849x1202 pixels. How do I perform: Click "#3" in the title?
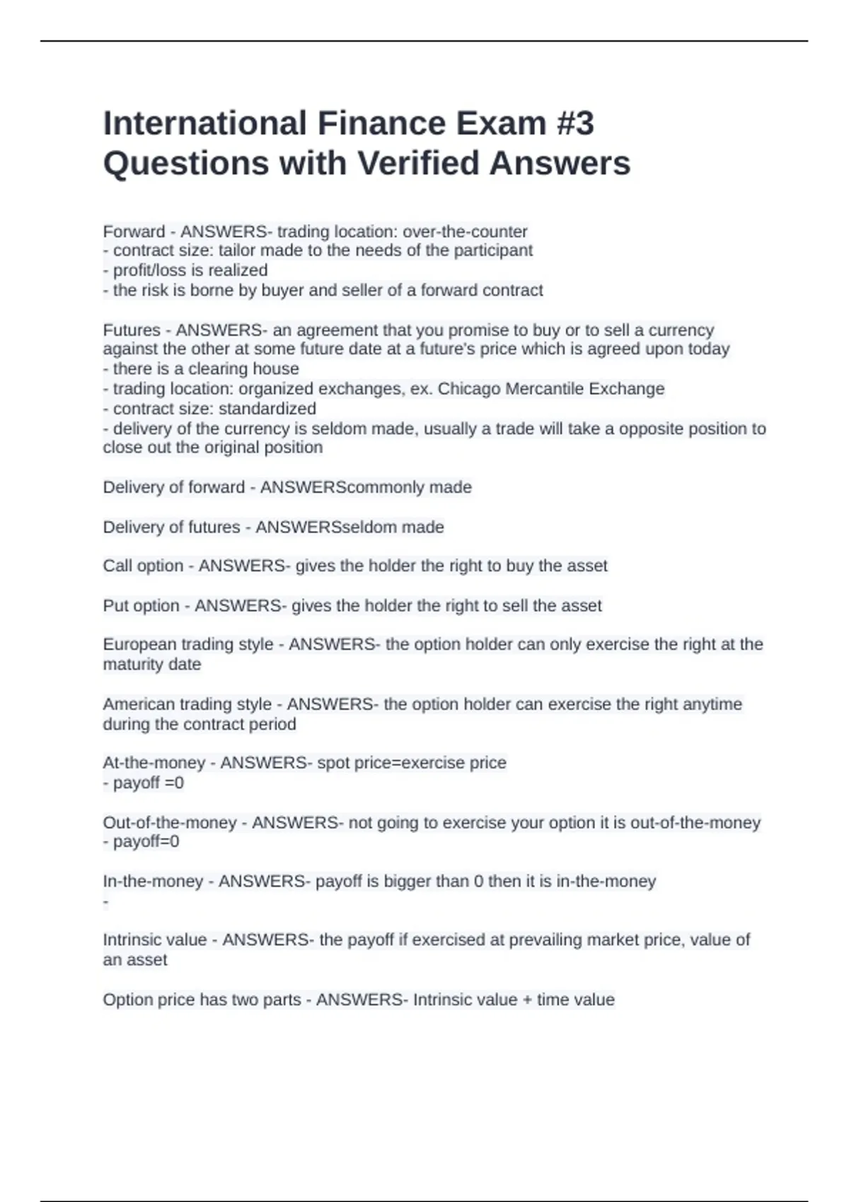click(x=575, y=124)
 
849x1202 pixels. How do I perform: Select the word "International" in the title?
click(x=204, y=124)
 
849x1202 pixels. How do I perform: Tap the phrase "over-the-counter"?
click(x=465, y=232)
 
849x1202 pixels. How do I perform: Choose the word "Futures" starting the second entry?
click(x=132, y=330)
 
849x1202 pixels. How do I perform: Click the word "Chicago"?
click(x=468, y=389)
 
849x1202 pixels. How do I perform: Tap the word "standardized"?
click(x=267, y=409)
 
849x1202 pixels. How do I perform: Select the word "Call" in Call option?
click(x=117, y=566)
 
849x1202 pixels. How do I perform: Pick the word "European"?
click(x=139, y=644)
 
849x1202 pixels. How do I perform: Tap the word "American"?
click(x=138, y=704)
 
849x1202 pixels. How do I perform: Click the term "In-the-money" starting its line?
click(x=153, y=882)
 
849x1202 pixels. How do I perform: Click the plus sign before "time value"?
click(x=526, y=1000)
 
